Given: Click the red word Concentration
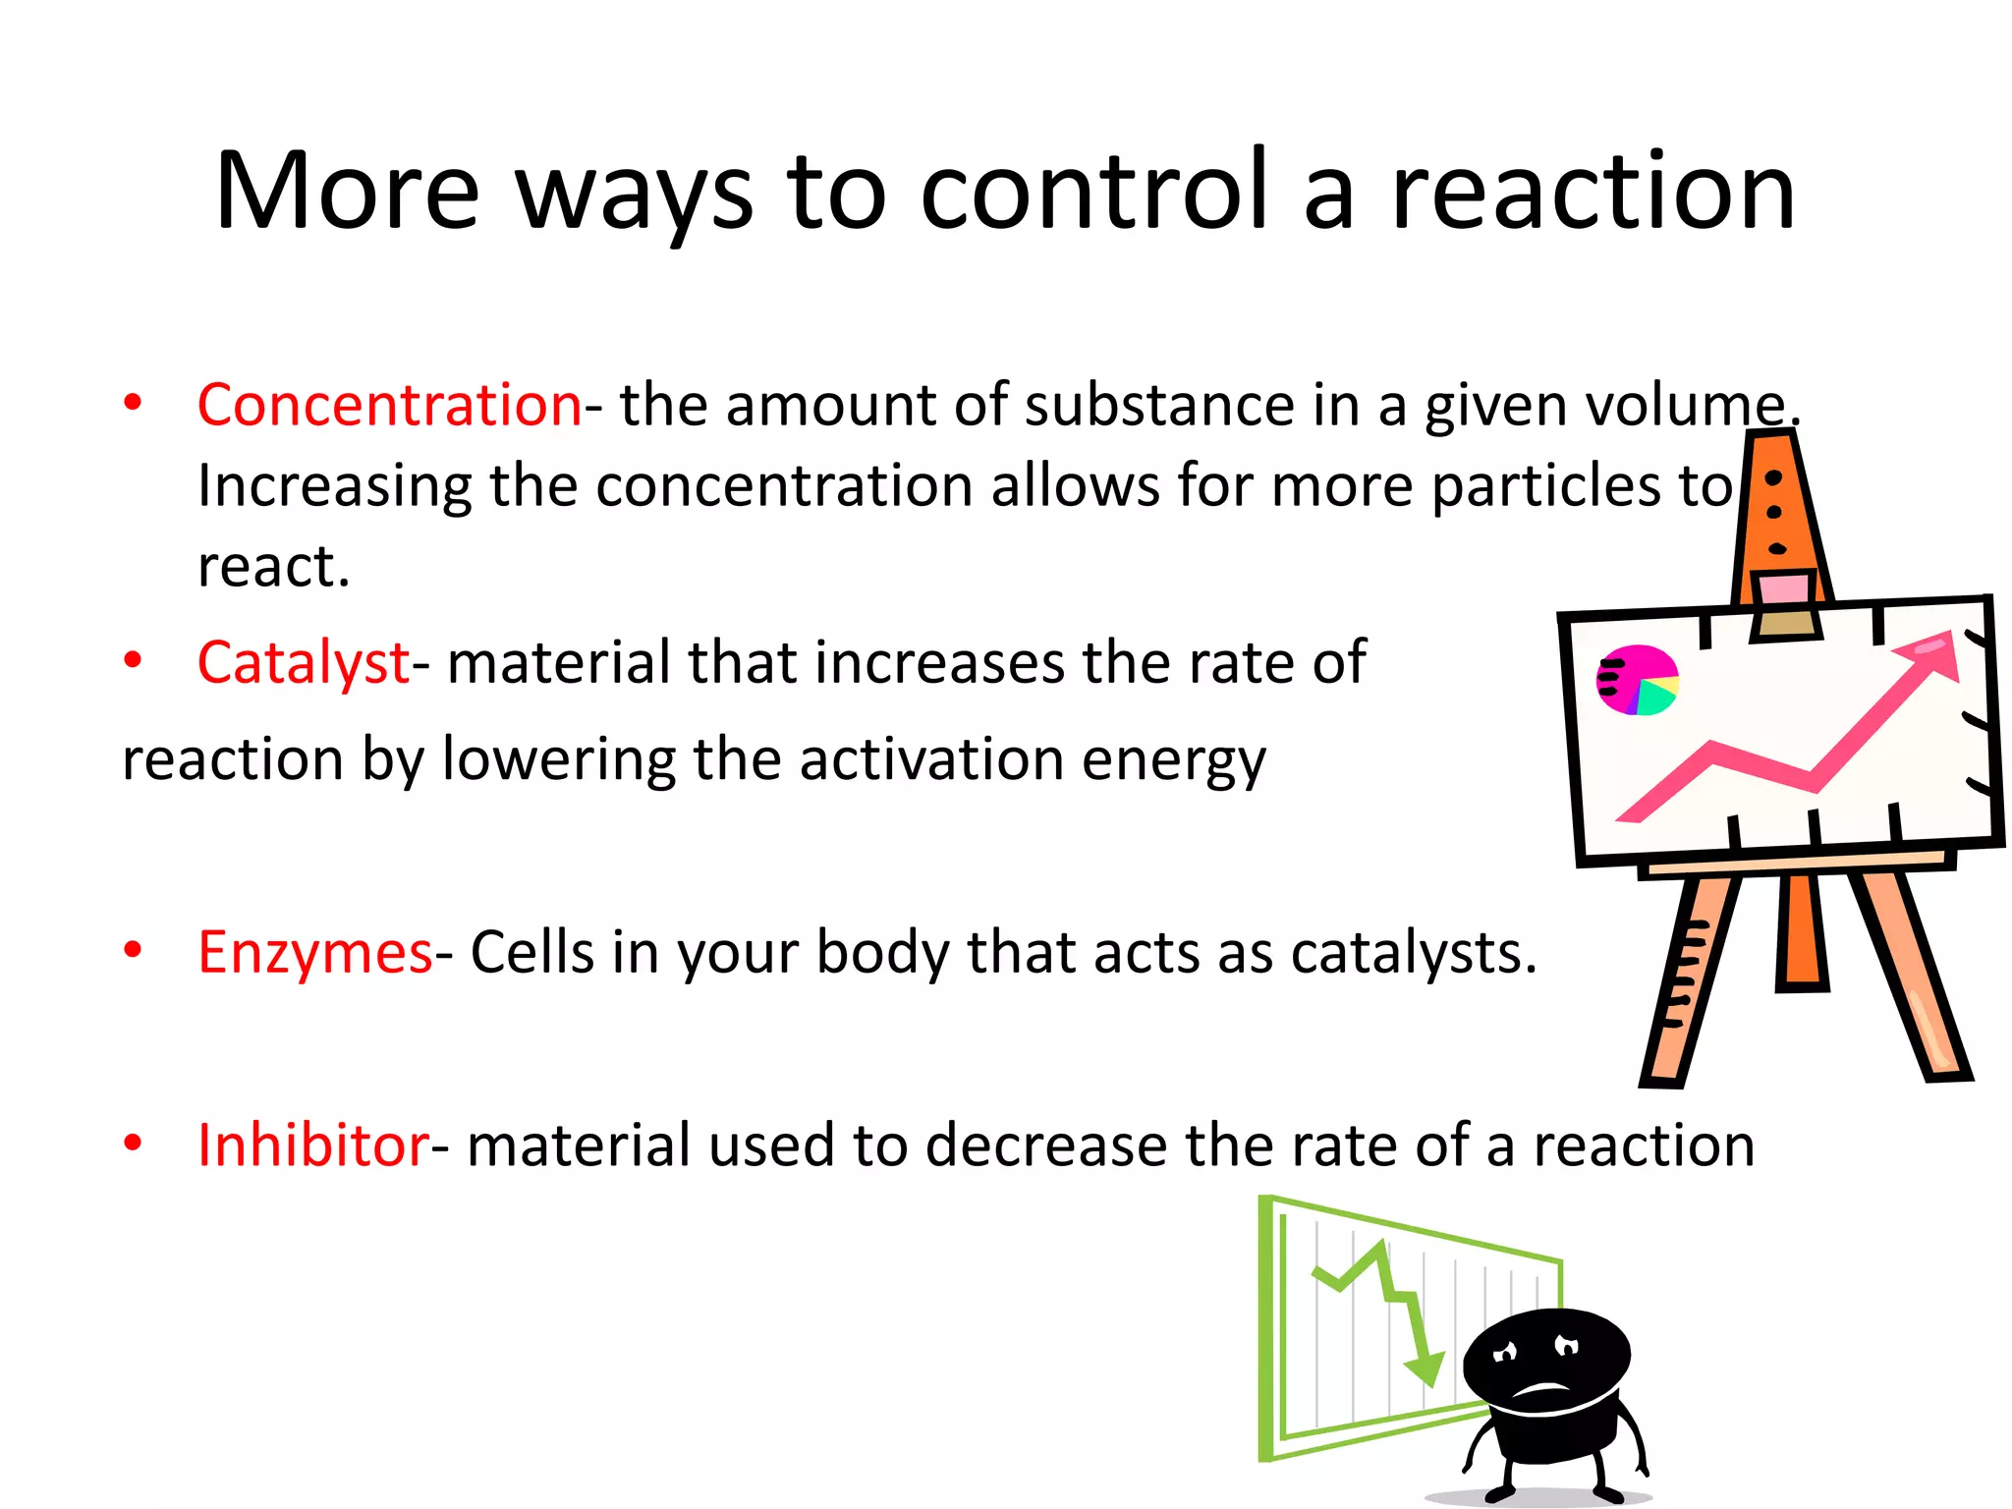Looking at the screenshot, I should [389, 405].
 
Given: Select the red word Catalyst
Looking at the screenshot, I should [303, 662].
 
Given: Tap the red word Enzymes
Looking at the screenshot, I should [314, 952].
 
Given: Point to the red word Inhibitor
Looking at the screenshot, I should [312, 1145].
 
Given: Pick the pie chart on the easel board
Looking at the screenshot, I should [1637, 680].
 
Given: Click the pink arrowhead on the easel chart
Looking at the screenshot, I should [1931, 656].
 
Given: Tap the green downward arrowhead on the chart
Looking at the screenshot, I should [1423, 1368].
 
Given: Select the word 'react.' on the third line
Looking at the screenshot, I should [273, 567].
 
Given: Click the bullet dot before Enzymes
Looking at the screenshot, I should [133, 950].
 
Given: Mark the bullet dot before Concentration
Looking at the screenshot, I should [133, 402].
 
